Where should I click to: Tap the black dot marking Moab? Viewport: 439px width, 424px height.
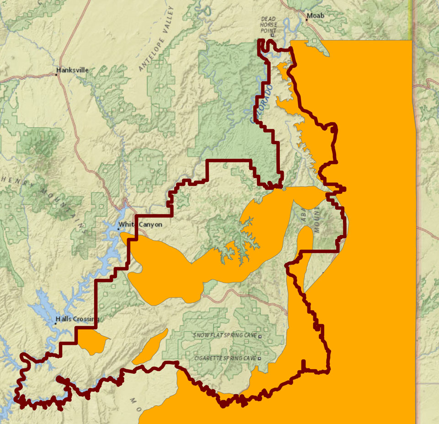[x=306, y=20]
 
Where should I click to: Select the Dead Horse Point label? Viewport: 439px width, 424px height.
[x=268, y=25]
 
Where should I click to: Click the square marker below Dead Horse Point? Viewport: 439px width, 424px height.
[x=273, y=35]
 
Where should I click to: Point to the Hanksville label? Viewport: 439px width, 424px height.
[x=73, y=70]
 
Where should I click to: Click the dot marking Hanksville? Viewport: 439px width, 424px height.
[x=57, y=74]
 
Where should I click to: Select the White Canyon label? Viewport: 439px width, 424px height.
[x=140, y=224]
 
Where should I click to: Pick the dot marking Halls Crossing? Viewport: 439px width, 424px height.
[x=55, y=323]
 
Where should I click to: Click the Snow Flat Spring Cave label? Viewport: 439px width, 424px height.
[x=225, y=335]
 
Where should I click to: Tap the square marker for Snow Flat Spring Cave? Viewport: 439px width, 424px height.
[x=260, y=336]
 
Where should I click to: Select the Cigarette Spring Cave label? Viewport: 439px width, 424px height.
[x=225, y=358]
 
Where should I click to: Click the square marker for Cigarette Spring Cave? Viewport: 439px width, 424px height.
[x=259, y=359]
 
